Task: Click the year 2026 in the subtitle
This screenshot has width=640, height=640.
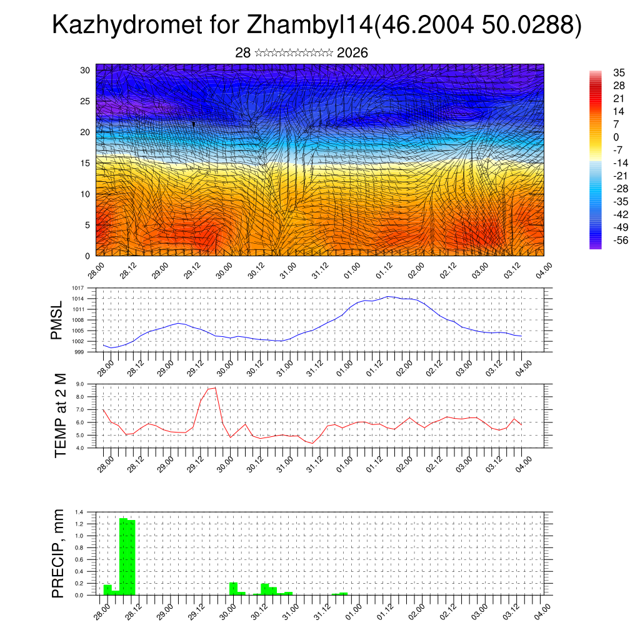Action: pos(352,53)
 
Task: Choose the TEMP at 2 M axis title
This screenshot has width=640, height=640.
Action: pos(60,415)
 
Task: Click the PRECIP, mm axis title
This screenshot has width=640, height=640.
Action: pos(57,552)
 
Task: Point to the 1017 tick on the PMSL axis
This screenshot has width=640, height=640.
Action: pos(78,288)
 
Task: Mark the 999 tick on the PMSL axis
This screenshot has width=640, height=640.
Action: pos(80,352)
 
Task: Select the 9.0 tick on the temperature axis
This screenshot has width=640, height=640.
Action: pos(80,384)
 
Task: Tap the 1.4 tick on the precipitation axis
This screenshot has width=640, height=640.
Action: pos(79,512)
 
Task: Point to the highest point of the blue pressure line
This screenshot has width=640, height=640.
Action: pos(388,296)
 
